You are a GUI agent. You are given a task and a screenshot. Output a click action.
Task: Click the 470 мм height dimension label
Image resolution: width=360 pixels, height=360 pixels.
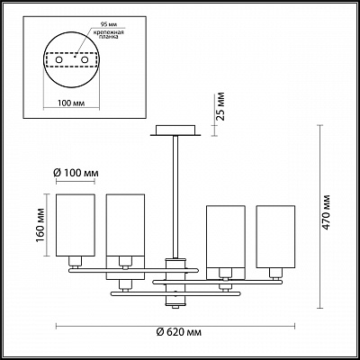pos(326,212)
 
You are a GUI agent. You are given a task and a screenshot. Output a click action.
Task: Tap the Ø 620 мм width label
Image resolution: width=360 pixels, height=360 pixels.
pos(179,332)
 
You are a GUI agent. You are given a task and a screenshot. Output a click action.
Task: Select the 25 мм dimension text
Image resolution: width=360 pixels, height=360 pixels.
pos(220,106)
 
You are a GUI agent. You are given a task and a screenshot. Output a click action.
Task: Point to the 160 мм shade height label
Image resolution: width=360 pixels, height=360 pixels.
pos(40,226)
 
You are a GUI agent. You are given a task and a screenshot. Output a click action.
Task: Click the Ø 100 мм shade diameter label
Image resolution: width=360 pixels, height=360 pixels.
pos(76,173)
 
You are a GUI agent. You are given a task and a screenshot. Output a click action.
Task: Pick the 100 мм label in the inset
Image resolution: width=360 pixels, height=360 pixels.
pos(71,103)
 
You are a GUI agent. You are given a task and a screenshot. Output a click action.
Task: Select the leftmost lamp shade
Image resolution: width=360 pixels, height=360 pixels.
pos(76,225)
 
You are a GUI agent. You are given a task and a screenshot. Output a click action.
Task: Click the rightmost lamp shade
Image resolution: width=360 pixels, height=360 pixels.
pos(275,237)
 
